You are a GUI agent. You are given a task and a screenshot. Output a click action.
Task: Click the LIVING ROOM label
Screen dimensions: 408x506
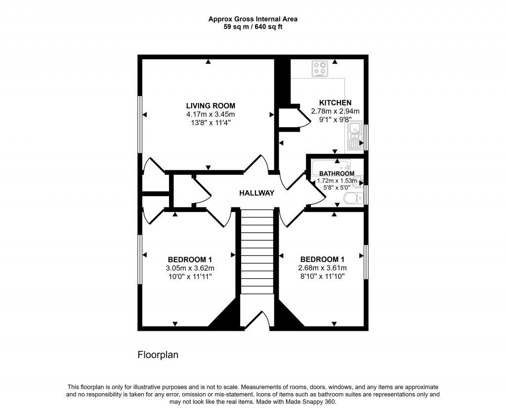pyautogui.click(x=210, y=105)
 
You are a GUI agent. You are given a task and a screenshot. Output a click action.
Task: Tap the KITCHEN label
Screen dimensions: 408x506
pyautogui.click(x=335, y=102)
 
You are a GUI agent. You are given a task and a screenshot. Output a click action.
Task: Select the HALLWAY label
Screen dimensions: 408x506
pyautogui.click(x=256, y=193)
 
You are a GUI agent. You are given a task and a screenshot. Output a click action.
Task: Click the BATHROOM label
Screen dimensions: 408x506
pyautogui.click(x=337, y=174)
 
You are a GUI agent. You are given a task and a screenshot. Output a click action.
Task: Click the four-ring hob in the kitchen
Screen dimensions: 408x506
pyautogui.click(x=320, y=69)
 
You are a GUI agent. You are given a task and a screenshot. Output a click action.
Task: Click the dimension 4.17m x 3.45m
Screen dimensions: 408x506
pyautogui.click(x=210, y=114)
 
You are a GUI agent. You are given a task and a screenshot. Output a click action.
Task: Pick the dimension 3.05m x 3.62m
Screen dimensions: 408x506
pyautogui.click(x=190, y=268)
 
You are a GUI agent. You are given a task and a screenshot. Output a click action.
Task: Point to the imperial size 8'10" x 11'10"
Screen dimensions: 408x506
pyautogui.click(x=322, y=276)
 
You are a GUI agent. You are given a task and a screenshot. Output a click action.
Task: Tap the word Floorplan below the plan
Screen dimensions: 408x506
pyautogui.click(x=157, y=355)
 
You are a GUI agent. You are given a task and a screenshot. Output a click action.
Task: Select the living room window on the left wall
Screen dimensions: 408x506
pyautogui.click(x=140, y=124)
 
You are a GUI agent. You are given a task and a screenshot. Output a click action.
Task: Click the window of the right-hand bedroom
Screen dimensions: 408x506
pyautogui.click(x=366, y=261)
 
